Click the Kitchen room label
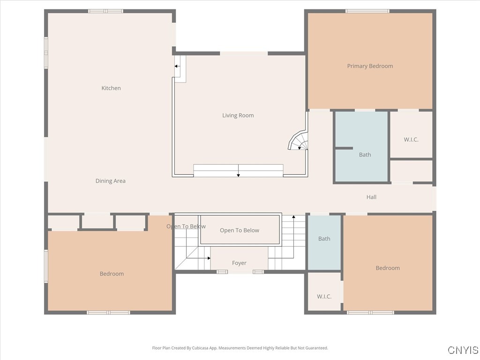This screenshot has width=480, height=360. [x=111, y=88]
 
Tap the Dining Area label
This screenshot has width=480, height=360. [x=111, y=181]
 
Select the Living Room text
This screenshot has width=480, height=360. [x=238, y=115]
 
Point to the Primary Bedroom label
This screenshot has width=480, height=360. [x=370, y=66]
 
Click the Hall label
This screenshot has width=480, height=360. [x=371, y=197]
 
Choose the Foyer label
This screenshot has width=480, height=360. [x=239, y=263]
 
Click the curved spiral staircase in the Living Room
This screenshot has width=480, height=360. [x=299, y=141]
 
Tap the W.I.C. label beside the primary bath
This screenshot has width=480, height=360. [x=411, y=140]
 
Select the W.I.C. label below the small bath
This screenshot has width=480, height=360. [x=324, y=297]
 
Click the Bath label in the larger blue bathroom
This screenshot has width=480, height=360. [x=365, y=155]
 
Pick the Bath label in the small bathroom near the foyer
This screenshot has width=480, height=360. [x=324, y=239]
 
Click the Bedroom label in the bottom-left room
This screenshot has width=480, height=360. [x=112, y=274]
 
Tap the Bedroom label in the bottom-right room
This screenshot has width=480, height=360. [x=388, y=268]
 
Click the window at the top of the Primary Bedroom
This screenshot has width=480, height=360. [x=367, y=11]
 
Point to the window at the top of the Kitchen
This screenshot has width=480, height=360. [x=105, y=11]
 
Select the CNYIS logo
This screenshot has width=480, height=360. [x=463, y=350]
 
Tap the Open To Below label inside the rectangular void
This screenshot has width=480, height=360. [x=240, y=230]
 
